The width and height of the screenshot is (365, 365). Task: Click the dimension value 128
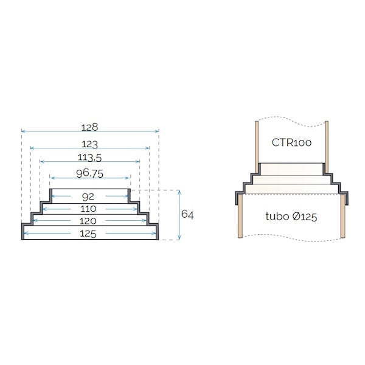[x=90, y=127]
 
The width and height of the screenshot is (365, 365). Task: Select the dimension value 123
[x=90, y=144]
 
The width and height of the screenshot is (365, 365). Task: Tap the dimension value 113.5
[x=89, y=158]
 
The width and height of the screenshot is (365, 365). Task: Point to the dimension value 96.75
[x=89, y=173]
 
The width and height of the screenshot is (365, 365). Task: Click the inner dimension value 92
[x=89, y=196]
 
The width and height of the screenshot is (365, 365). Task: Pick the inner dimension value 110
[x=89, y=209]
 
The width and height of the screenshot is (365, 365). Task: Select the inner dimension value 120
[x=89, y=221]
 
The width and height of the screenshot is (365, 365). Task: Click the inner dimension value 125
[x=89, y=233]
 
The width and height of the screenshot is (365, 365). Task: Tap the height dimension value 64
[x=187, y=215]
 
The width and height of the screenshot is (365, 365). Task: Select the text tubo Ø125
[x=292, y=216]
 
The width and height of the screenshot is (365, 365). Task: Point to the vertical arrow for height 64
[x=179, y=215]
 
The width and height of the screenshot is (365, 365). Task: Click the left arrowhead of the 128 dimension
[x=23, y=131]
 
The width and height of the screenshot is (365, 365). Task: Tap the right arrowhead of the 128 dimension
[x=157, y=131]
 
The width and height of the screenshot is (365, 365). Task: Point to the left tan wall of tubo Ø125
[x=240, y=219]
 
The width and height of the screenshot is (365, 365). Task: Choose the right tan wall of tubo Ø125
[x=345, y=219]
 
